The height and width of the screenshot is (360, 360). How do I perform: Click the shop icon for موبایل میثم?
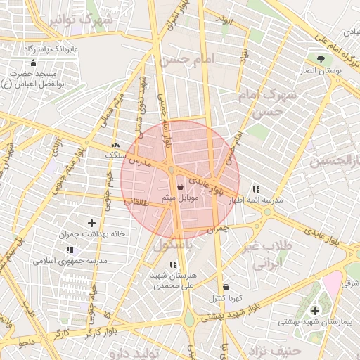181,187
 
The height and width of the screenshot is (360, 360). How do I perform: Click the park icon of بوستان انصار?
321,59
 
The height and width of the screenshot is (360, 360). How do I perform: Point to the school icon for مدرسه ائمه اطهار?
255,189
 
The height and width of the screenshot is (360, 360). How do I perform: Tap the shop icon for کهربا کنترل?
226,287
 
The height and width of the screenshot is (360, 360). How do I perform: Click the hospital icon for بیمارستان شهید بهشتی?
314,310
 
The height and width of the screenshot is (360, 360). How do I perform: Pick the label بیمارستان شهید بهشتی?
314,321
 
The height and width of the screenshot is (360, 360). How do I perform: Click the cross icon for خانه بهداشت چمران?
91,222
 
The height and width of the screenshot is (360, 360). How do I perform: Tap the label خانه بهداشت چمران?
92,233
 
